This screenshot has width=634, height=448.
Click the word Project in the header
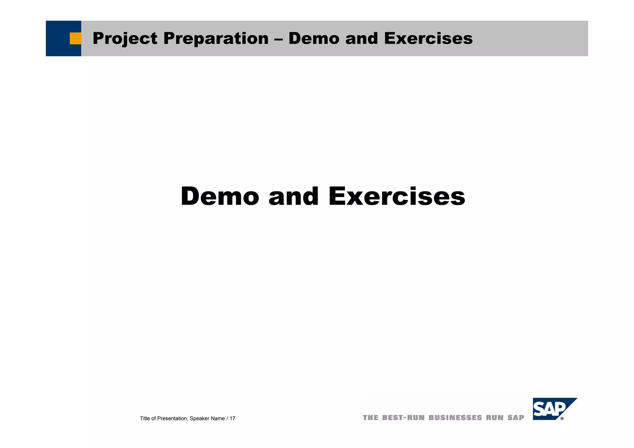(125, 39)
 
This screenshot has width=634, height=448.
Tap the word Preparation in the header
(216, 39)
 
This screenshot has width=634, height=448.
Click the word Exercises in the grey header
(428, 39)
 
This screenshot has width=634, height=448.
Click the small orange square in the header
(75, 39)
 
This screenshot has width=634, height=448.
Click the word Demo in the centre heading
(220, 196)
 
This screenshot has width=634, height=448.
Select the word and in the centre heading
(293, 196)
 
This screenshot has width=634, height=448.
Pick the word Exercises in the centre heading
(397, 196)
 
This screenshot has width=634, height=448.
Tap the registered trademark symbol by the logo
(562, 419)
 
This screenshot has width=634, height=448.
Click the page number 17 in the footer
(232, 419)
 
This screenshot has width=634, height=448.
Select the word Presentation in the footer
(172, 419)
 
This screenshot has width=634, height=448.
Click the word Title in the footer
(145, 419)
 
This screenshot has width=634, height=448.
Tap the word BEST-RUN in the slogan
(403, 418)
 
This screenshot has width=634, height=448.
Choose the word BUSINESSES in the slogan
(455, 418)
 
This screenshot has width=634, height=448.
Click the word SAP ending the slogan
(516, 418)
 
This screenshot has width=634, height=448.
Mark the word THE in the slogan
(370, 418)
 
